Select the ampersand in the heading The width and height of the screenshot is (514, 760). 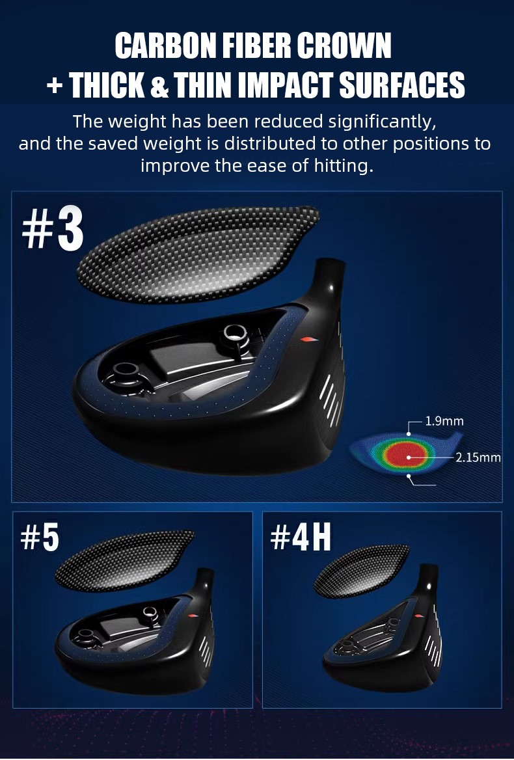point(159,85)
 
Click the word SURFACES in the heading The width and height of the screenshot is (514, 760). point(402,85)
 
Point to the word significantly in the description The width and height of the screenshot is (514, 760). point(382,122)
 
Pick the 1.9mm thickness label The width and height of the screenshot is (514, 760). point(444,421)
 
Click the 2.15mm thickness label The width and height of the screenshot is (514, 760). point(478,457)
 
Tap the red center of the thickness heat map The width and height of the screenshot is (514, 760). point(407,455)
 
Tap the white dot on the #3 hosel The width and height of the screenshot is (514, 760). point(331,288)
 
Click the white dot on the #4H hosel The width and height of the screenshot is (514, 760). point(428,586)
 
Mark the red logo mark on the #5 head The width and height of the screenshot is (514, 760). point(193,616)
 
